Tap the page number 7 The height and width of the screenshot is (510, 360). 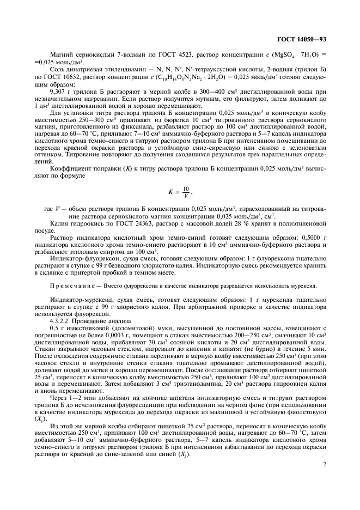tap(324, 465)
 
